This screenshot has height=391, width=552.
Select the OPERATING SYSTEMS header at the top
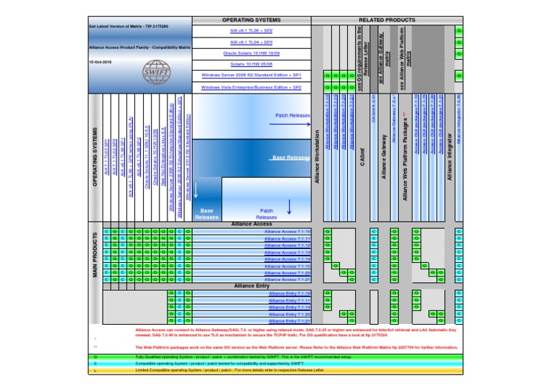251,21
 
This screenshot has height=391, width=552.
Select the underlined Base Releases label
291,157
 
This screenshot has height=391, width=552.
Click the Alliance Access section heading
252,225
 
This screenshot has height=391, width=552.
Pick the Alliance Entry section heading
252,286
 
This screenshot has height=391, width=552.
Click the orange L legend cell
95,370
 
